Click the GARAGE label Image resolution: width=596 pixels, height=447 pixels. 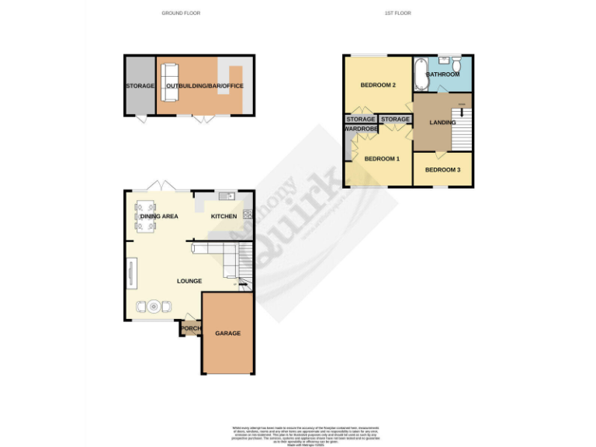227,333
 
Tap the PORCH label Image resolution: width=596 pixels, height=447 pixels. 190,329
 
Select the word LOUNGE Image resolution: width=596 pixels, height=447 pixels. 189,281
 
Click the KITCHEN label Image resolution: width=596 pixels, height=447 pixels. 224,217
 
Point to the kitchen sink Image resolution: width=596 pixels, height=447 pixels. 226,195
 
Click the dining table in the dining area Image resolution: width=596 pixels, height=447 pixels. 145,217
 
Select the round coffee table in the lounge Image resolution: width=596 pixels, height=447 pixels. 154,307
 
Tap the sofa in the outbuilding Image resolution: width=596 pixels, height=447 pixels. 170,81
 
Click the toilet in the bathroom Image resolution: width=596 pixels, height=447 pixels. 459,63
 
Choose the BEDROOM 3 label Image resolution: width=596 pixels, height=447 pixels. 442,170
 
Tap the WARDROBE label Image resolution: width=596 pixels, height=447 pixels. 360,129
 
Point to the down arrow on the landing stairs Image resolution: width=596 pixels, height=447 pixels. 463,113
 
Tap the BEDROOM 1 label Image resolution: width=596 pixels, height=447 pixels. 382,159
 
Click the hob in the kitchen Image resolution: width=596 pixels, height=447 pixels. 247,215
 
